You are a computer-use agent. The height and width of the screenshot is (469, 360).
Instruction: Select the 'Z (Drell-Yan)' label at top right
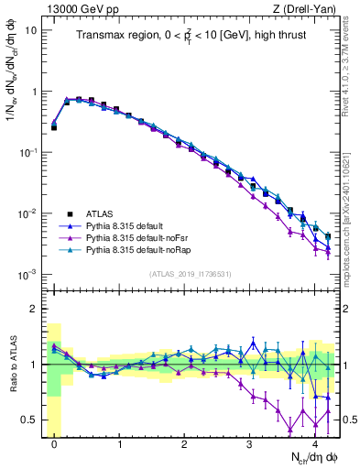(x=305, y=8)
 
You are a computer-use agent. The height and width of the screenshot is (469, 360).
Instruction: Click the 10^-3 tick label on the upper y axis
(x=27, y=275)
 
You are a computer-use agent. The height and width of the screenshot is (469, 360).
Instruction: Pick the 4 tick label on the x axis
(x=314, y=442)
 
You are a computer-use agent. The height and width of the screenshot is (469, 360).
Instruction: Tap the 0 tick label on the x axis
(x=54, y=442)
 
